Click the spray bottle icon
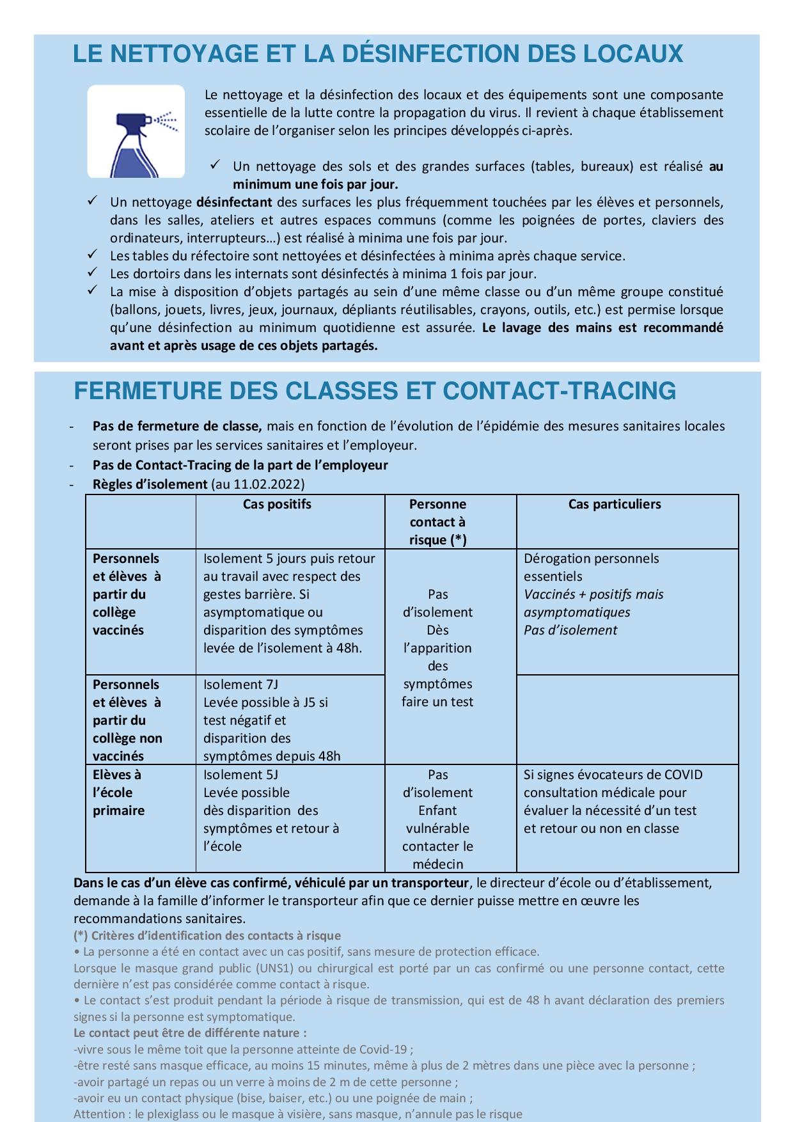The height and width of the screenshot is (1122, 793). tap(136, 131)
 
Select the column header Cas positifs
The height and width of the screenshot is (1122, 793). tap(277, 504)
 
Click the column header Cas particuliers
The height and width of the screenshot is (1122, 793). tap(614, 504)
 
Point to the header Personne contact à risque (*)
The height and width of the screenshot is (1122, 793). tap(437, 522)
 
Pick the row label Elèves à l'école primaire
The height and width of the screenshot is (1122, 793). tap(119, 793)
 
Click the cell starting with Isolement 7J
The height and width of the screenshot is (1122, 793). tap(272, 720)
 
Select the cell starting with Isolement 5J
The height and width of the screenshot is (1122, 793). tap(271, 810)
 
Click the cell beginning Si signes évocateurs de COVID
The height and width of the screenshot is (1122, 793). tap(612, 801)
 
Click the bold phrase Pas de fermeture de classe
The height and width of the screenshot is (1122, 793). tap(177, 426)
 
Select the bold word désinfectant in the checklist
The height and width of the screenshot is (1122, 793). tap(234, 203)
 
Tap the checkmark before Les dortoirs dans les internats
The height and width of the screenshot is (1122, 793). tap(92, 273)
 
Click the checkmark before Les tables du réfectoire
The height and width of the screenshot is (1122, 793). tap(92, 255)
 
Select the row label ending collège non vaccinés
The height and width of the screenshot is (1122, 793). tap(127, 720)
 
